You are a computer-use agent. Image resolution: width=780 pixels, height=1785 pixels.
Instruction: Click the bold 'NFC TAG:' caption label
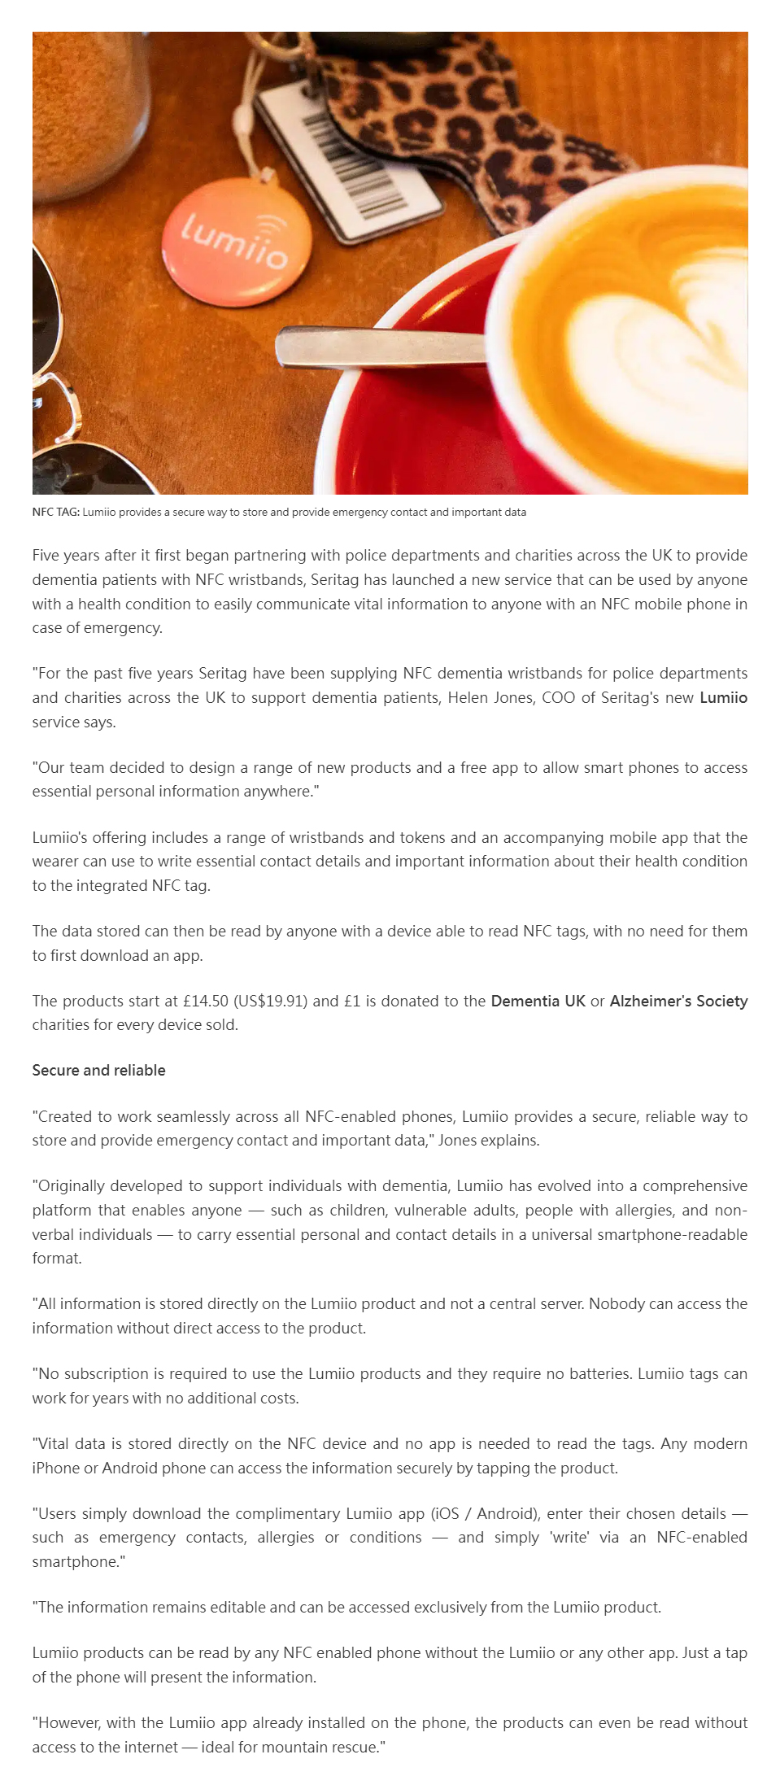[x=55, y=513]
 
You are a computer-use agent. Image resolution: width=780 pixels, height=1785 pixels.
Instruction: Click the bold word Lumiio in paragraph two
[x=723, y=698]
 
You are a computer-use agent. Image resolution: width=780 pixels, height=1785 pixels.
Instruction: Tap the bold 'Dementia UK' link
[x=538, y=1002]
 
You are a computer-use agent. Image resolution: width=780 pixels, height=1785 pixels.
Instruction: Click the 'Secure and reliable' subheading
[x=98, y=1071]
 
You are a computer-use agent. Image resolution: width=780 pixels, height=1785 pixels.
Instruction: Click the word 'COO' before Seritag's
[x=558, y=698]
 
